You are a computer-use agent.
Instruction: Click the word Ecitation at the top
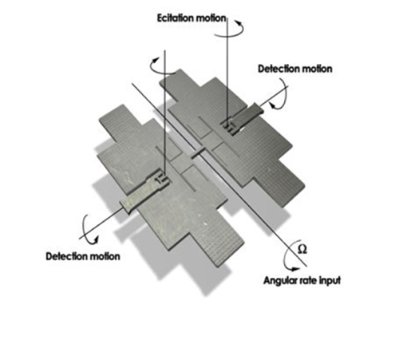pyautogui.click(x=176, y=18)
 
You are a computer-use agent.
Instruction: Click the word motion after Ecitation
pyautogui.click(x=211, y=18)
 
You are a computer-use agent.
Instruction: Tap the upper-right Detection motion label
pyautogui.click(x=295, y=69)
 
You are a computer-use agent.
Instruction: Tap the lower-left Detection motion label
pyautogui.click(x=83, y=256)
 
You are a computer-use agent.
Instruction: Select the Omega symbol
pyautogui.click(x=302, y=250)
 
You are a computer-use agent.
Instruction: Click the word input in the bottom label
pyautogui.click(x=330, y=281)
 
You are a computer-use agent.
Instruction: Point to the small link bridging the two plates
pyautogui.click(x=198, y=154)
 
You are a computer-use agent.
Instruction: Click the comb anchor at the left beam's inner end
pyautogui.click(x=163, y=179)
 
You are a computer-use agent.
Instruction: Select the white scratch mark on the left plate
pyautogui.click(x=205, y=223)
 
